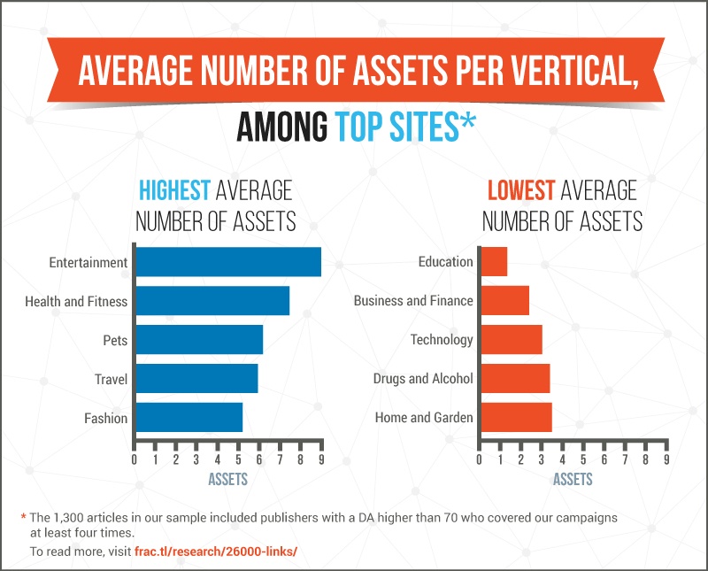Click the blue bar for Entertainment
(228, 262)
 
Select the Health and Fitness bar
(212, 301)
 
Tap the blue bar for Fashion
(189, 418)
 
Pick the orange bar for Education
(494, 262)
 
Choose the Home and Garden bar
(516, 418)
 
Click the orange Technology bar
(511, 340)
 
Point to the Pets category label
(115, 340)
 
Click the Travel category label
(112, 379)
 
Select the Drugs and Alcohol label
(423, 379)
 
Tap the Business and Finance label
(413, 301)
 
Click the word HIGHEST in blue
(174, 190)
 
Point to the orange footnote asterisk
(23, 517)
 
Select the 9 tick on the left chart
(321, 460)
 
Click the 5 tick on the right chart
(583, 460)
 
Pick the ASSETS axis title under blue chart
(227, 480)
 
